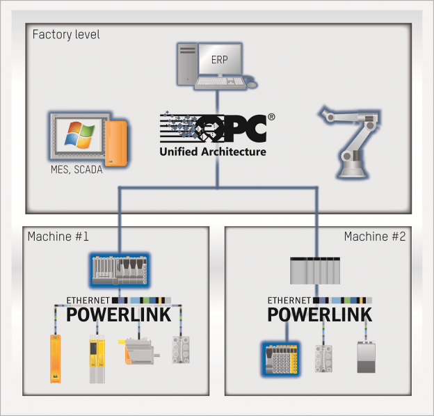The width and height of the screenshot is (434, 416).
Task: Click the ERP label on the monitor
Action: (x=219, y=61)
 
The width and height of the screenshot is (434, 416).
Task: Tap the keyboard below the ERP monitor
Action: (x=219, y=82)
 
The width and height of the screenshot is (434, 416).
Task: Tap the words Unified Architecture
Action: (x=213, y=151)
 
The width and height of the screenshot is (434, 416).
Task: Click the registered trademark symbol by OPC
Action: (x=271, y=118)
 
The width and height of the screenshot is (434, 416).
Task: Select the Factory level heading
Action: (x=66, y=33)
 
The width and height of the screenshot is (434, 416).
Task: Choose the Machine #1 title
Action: (x=58, y=237)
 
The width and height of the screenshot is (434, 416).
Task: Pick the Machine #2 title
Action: (x=375, y=237)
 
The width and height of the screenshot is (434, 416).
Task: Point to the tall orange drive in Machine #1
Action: (x=54, y=358)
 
